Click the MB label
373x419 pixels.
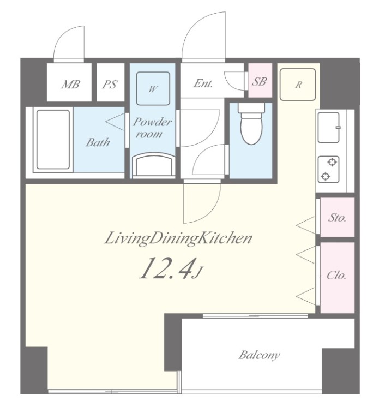(70, 84)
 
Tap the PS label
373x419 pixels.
(110, 84)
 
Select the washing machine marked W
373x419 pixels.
(153, 88)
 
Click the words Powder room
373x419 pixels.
(152, 128)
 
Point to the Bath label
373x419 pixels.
(98, 142)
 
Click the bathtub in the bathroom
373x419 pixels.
(53, 140)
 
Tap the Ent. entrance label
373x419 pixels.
(203, 83)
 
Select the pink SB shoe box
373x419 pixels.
(260, 80)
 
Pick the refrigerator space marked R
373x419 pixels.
(298, 85)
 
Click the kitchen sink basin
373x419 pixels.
(329, 128)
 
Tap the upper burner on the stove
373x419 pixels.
(332, 162)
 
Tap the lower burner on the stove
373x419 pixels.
(325, 176)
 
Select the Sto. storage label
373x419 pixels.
(337, 218)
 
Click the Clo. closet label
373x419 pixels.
(336, 275)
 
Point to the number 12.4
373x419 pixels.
(166, 268)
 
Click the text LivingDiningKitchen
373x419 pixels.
(178, 238)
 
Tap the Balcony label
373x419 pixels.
(259, 355)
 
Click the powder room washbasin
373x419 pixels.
(153, 165)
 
